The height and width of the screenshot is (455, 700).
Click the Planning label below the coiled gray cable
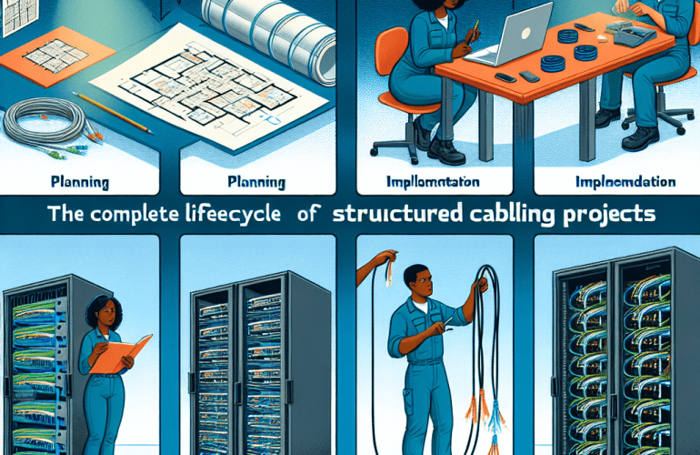(x=80, y=182)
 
